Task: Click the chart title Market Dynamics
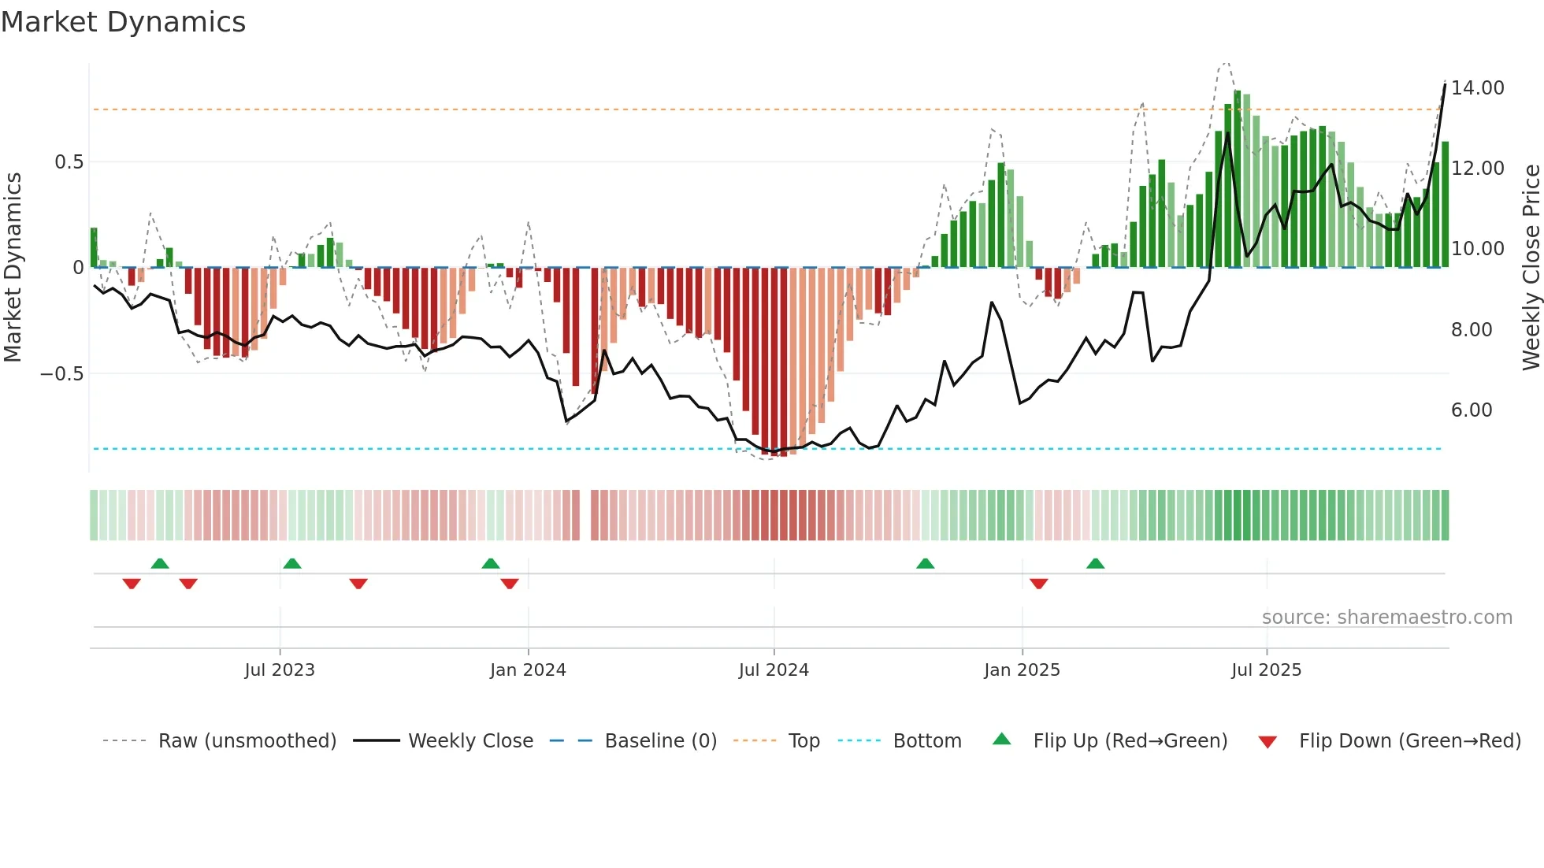click(123, 22)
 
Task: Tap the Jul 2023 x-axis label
click(279, 670)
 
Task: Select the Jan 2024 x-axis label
click(528, 670)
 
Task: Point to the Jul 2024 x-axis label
click(774, 670)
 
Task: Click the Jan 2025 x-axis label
click(1022, 670)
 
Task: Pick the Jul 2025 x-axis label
click(1266, 670)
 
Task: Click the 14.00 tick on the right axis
click(1477, 88)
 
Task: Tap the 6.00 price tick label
click(1471, 410)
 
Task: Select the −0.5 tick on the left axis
click(62, 374)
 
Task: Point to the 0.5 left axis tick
click(69, 162)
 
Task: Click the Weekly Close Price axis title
click(1531, 267)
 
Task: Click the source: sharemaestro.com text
click(1386, 618)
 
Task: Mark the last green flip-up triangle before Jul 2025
click(1095, 563)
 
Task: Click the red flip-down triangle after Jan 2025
click(1038, 584)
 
